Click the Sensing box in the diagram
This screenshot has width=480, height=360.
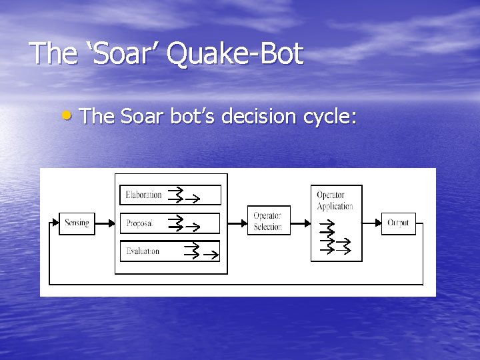point(77,223)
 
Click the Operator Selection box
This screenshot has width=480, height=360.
point(269,221)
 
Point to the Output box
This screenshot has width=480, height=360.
point(398,223)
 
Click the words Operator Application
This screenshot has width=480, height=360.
point(335,201)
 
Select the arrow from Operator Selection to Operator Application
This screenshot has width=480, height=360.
point(301,223)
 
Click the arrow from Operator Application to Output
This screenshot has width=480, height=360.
point(371,223)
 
